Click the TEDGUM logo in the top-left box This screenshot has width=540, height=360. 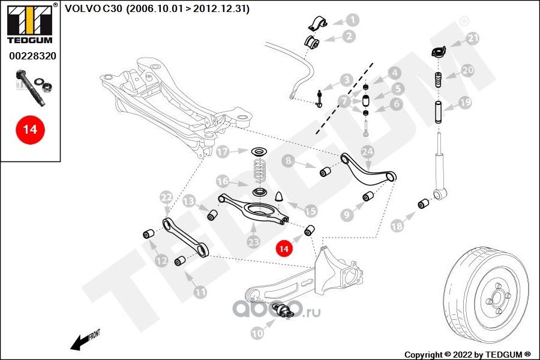pos(30,23)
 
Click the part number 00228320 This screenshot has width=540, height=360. pos(32,56)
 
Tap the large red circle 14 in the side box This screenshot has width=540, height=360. pos(31,130)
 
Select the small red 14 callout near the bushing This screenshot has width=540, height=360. pos(284,248)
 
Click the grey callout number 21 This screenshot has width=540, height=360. pos(473,38)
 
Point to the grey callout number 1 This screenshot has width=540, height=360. pos(352,20)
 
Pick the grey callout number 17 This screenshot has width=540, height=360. pos(223,152)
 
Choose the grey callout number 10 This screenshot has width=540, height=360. pos(257,333)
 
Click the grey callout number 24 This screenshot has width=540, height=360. pos(367,152)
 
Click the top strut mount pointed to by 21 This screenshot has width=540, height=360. pos(439,52)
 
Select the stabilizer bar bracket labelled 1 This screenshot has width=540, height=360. pos(317,23)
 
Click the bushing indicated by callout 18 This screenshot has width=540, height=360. pos(423,203)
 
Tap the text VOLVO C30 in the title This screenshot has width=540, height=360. pos(94,8)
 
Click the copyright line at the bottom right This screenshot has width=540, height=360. pos(467,355)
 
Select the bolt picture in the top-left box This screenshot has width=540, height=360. pos(34,86)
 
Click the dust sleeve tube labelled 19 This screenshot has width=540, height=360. pos(439,112)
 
